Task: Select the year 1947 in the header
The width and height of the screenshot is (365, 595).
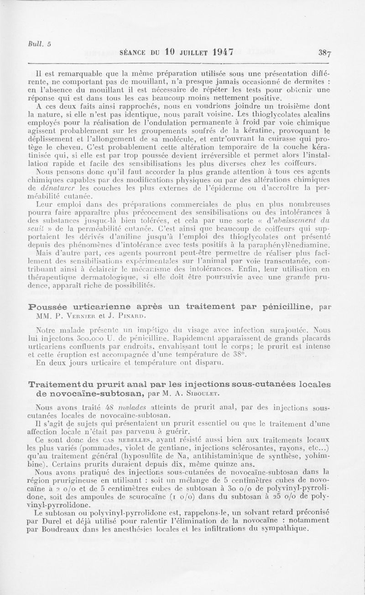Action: pyautogui.click(x=222, y=52)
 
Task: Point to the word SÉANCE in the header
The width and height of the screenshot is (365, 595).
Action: pyautogui.click(x=133, y=52)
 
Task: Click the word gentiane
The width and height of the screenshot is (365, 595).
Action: pyautogui.click(x=178, y=448)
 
